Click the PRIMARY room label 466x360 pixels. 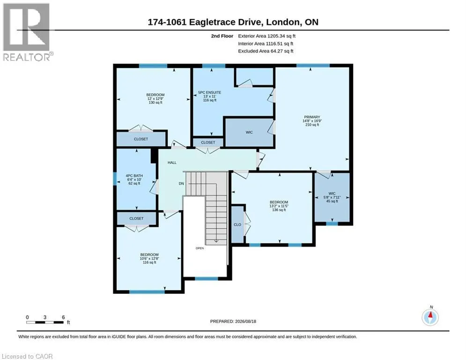tap(312, 117)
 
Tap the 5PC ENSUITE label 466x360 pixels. tap(209, 92)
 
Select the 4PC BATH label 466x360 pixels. tap(134, 176)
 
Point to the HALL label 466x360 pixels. tap(172, 163)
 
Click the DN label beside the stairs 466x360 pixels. tap(181, 184)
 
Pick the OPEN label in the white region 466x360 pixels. tap(200, 248)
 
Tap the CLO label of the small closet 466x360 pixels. tap(237, 225)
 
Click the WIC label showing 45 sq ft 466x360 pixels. tap(332, 194)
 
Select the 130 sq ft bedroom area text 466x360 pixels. tap(155, 103)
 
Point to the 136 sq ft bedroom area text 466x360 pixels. tap(279, 210)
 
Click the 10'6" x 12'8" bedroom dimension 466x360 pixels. tap(149, 259)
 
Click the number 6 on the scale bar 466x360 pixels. tap(63, 317)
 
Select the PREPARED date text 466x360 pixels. tap(233, 321)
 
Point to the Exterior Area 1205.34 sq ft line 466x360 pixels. tap(266, 36)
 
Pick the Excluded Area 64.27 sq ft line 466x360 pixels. tap(266, 51)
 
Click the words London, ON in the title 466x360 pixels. tap(292, 22)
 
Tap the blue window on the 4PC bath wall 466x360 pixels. tap(115, 179)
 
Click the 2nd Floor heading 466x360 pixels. tap(222, 36)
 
